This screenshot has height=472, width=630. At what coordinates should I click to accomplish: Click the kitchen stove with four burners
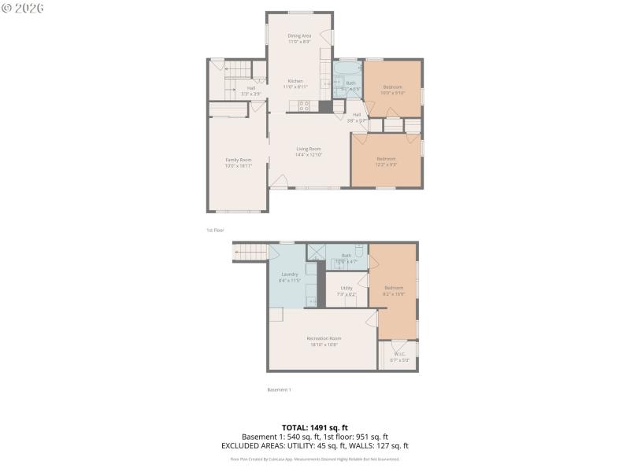tap(303, 105)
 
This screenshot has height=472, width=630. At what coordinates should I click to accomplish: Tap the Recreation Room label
tap(324, 341)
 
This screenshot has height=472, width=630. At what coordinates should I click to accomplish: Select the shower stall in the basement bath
tap(317, 253)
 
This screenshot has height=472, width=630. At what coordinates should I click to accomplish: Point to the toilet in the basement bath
tap(358, 253)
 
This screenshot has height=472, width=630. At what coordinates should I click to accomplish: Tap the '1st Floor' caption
tap(215, 230)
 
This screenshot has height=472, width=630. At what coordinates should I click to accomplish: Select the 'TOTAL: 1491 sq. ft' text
tap(314, 427)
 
